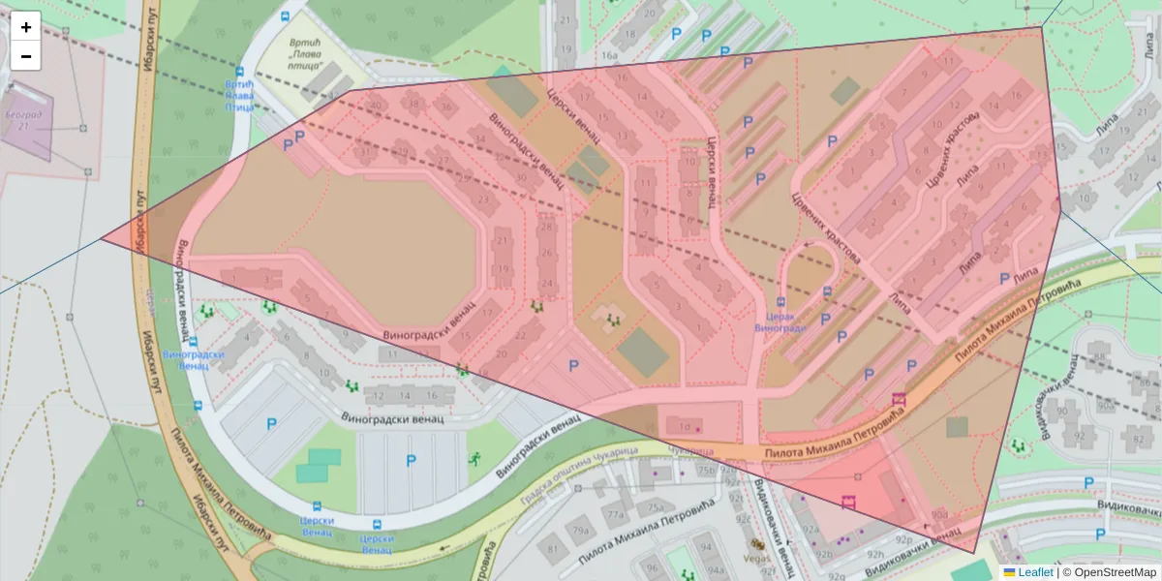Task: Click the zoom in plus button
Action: pos(26,27)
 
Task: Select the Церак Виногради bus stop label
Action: pos(780,321)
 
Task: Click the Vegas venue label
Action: pos(757,559)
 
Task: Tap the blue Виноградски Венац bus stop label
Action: pos(185,360)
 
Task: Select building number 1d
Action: pos(685,426)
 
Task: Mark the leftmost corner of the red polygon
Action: pos(101,238)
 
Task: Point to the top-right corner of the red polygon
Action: pos(1042,27)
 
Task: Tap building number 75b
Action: pos(707,472)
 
